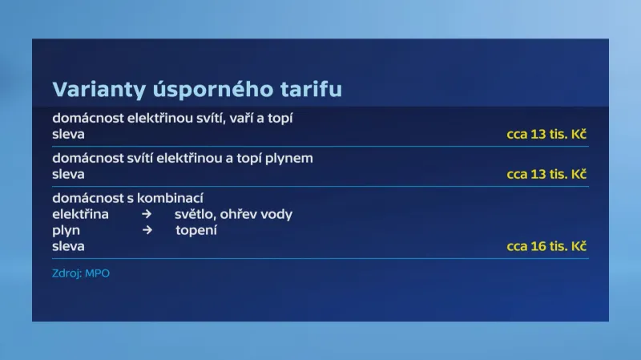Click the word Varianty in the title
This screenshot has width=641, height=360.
point(99,90)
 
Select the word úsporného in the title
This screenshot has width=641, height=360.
point(213,90)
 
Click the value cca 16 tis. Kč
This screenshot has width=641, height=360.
point(546,246)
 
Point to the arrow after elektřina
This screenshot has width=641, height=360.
point(147,214)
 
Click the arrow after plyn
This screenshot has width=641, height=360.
point(147,230)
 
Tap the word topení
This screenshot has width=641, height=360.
point(196,230)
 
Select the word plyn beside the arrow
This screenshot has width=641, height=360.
point(66,230)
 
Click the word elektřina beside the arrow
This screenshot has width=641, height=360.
point(81,214)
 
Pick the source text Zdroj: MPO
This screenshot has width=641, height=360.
point(81,273)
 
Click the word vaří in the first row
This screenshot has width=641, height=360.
point(241,118)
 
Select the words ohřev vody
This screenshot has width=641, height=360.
point(256,214)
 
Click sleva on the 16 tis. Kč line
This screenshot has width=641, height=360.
point(68,246)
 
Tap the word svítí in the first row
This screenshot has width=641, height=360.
point(211,118)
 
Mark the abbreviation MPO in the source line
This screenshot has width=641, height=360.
point(97,273)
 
